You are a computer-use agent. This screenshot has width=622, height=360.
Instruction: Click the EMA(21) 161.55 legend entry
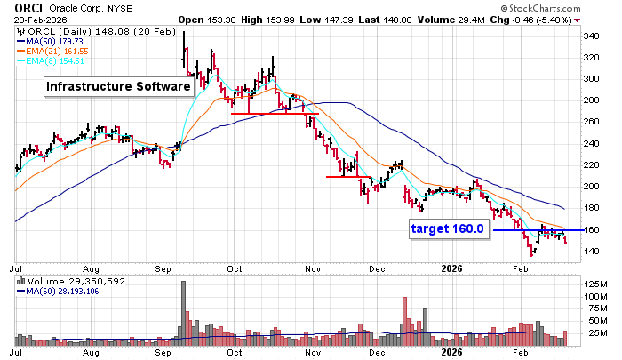[64, 50]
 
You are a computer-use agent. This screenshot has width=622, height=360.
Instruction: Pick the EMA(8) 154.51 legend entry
[61, 60]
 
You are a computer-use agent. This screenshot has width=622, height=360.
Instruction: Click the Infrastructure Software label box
[119, 87]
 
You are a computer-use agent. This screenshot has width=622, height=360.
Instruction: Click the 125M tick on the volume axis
[595, 284]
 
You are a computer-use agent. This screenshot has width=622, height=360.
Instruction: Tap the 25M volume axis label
[594, 333]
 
